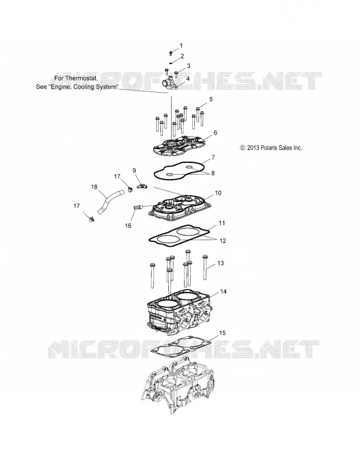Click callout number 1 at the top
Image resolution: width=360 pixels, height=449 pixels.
click(x=181, y=45)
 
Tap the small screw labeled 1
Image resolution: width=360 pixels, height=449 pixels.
click(x=171, y=53)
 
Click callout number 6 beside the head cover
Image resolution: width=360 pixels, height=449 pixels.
click(x=215, y=132)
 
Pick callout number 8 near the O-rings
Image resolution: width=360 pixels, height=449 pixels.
click(x=213, y=173)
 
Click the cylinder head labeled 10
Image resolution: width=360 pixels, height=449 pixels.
click(x=181, y=209)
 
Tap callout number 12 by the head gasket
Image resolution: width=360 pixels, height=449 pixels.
click(x=223, y=241)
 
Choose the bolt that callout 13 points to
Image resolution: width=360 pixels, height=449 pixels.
click(x=205, y=267)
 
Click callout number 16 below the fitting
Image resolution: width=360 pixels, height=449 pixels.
click(x=128, y=226)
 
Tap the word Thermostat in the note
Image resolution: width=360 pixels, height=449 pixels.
click(x=81, y=78)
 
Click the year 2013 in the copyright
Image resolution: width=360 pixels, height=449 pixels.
click(x=253, y=148)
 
